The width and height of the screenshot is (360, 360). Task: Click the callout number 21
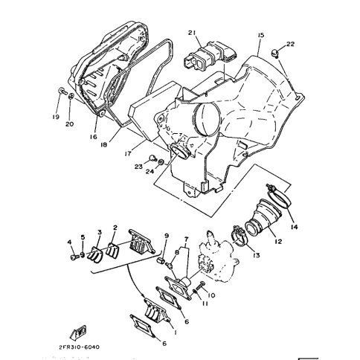tap(192, 33)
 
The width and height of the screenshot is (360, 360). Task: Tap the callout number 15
tap(261, 35)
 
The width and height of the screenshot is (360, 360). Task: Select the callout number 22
tap(290, 44)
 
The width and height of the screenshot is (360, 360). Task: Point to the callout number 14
tap(295, 227)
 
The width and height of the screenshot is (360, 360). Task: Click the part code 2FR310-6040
tap(80, 347)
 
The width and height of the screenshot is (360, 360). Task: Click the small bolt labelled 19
tap(62, 91)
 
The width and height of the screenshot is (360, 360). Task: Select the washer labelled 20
tap(71, 96)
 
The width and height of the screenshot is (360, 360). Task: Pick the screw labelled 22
tap(274, 53)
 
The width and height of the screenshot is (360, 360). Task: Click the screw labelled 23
tap(152, 158)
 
